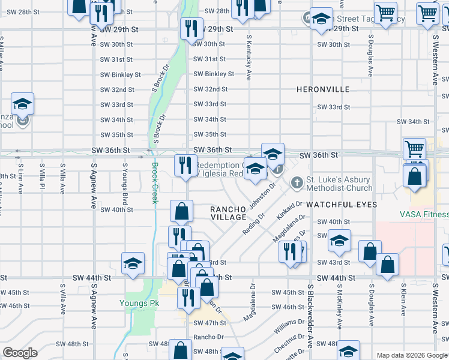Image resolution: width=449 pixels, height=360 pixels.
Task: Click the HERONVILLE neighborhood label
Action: (323, 89)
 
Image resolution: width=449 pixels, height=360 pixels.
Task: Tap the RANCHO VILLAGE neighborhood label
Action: (228, 213)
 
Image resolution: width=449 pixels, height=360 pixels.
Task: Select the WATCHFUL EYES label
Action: (342, 205)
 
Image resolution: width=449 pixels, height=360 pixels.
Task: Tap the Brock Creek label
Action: (154, 183)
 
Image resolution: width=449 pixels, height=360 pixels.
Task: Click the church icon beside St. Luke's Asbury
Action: (297, 182)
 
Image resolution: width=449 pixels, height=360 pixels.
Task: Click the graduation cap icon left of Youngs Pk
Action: (133, 263)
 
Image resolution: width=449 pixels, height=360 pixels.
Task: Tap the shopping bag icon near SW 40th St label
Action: (181, 212)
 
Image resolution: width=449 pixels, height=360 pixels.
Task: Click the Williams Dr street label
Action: (285, 327)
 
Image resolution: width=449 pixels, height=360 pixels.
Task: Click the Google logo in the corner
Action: (20, 353)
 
